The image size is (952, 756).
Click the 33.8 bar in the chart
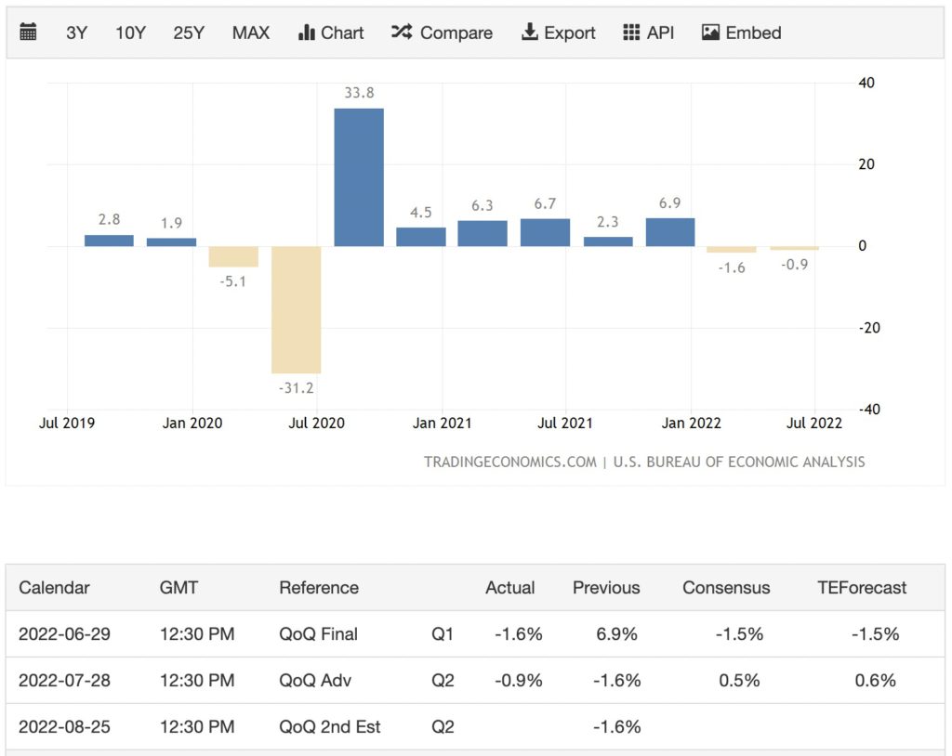tap(359, 177)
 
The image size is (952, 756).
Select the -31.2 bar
tap(296, 309)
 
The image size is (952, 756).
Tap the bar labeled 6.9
tap(670, 232)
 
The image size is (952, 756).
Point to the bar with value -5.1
tap(233, 256)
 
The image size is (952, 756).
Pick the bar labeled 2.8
tap(109, 241)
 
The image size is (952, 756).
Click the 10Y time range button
tap(130, 33)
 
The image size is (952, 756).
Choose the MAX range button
tap(251, 33)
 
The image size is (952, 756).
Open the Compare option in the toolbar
tap(442, 33)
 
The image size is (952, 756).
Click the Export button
tap(559, 33)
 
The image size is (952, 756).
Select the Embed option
tap(741, 33)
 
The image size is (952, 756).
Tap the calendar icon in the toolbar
tap(29, 33)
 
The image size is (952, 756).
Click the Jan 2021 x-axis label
tap(442, 424)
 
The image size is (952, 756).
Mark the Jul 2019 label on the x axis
tap(67, 424)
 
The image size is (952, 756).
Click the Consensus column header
tap(726, 588)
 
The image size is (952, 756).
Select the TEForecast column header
tap(861, 588)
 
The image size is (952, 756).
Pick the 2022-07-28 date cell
tap(64, 681)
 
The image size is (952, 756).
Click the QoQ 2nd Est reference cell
tap(330, 727)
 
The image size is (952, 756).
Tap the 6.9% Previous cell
tap(616, 634)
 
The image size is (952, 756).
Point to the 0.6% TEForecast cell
tap(875, 681)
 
